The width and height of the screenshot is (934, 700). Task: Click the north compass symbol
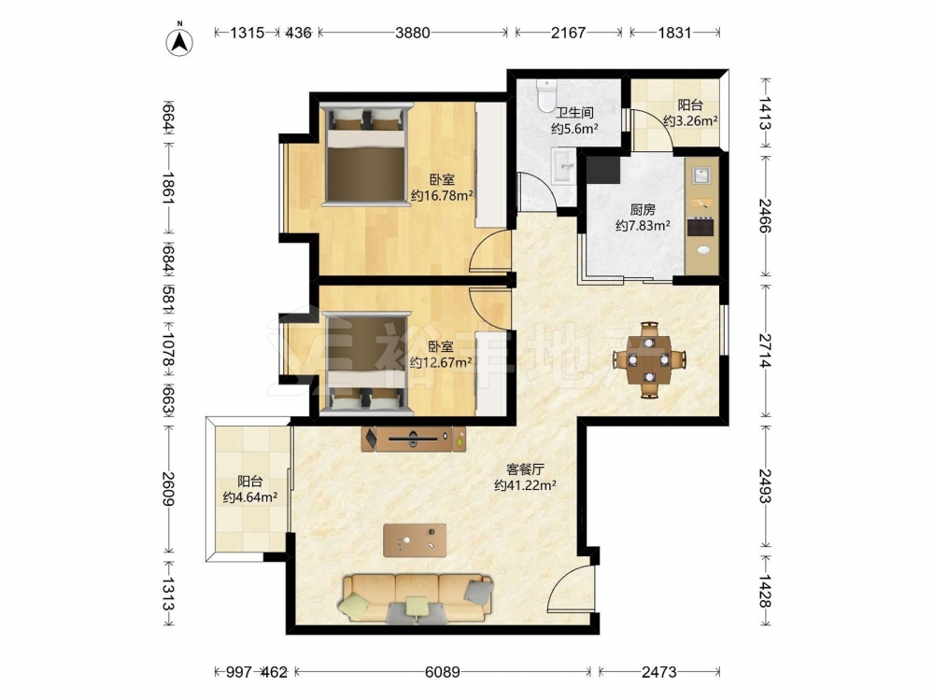click(179, 40)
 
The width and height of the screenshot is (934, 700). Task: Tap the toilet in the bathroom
click(546, 96)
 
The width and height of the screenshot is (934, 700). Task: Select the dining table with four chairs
click(649, 359)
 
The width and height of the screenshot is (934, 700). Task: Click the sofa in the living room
click(416, 598)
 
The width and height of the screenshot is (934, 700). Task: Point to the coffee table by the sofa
click(415, 539)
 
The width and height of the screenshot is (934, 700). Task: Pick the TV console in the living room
click(414, 439)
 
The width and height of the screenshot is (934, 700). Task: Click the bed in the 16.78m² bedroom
click(366, 155)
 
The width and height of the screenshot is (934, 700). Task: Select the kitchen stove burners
click(700, 227)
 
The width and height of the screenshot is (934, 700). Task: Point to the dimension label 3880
click(412, 32)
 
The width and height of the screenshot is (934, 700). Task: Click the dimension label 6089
click(443, 672)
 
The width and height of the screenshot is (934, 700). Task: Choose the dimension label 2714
click(765, 350)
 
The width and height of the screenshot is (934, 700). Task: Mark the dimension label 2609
click(168, 489)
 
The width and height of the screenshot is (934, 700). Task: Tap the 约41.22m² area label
click(525, 485)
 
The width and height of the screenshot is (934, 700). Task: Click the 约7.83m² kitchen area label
click(643, 226)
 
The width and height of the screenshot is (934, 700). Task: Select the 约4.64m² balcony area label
click(250, 497)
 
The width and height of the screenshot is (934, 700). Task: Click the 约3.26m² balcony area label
click(690, 120)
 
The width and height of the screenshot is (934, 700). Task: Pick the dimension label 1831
click(675, 32)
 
